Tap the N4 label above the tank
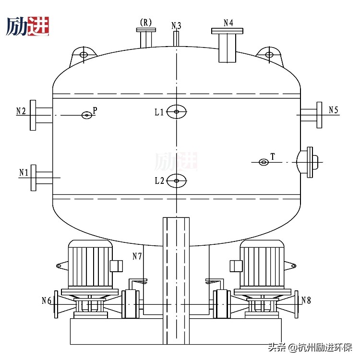[x=228, y=23]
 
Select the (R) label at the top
[x=145, y=22]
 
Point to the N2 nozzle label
[x=21, y=111]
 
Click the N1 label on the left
[x=24, y=171]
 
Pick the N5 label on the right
[x=334, y=110]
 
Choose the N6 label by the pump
[x=47, y=301]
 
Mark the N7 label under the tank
[x=137, y=256]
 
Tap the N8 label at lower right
[x=306, y=300]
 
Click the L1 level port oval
[x=177, y=112]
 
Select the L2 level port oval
[x=177, y=180]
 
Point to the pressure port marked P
[x=86, y=115]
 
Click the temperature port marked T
[x=264, y=162]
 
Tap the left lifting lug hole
[x=84, y=55]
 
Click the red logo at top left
[x=38, y=26]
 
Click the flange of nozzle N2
[x=33, y=115]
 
